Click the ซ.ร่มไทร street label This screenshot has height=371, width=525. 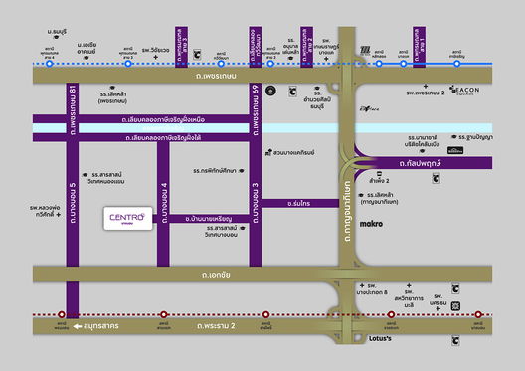[301, 203]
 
